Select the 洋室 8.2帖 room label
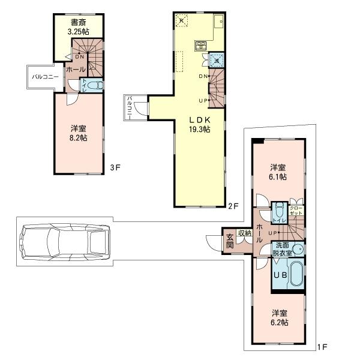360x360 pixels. tap(77, 133)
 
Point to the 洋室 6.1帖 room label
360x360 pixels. tap(277, 172)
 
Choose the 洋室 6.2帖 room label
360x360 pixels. tap(278, 317)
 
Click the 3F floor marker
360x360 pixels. tap(115, 168)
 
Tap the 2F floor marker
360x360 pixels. tap(233, 206)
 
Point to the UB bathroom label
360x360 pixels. tap(281, 275)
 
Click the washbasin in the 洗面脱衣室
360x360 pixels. tap(298, 250)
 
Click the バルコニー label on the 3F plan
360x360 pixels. tap(42, 77)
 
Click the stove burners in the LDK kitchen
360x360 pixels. tap(200, 44)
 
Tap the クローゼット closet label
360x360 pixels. tap(296, 210)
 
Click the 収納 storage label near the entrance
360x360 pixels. tap(244, 233)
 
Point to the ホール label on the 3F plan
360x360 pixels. tap(76, 70)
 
